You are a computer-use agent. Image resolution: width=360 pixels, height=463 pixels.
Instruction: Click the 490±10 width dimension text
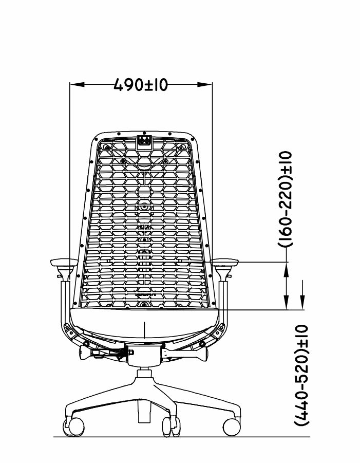[x=141, y=85]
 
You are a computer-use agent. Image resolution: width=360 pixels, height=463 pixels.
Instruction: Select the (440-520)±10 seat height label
[x=301, y=375]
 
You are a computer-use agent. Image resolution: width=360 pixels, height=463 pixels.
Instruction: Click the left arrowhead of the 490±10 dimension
[x=78, y=84]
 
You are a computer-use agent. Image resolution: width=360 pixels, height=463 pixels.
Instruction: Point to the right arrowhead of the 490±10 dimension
[x=205, y=84]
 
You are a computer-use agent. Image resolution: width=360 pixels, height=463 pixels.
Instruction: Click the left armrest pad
[x=64, y=262]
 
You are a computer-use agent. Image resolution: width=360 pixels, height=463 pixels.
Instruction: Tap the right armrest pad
[x=224, y=262]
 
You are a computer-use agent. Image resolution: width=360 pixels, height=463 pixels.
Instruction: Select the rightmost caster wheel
[x=232, y=427]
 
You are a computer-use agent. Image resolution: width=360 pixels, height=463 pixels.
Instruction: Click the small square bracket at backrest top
[x=145, y=140]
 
